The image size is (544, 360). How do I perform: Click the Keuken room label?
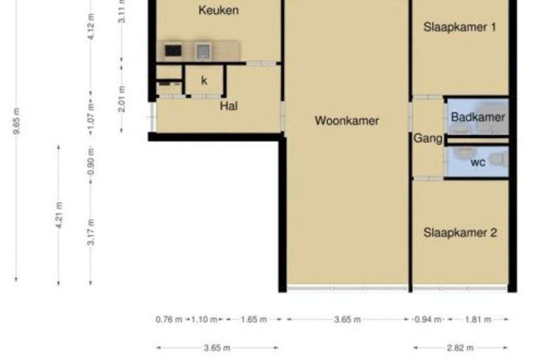pos(219,10)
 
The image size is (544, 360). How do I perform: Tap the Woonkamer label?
pos(347,120)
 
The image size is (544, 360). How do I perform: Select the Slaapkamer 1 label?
pos(460,27)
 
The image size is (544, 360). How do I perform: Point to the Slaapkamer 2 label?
pos(460,232)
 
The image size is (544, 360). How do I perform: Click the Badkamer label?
pos(478,117)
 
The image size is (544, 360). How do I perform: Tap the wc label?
pos(478,162)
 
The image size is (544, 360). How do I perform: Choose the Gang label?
pos(428,138)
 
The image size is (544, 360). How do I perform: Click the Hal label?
pos(229,106)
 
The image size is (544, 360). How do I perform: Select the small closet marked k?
pos(204,81)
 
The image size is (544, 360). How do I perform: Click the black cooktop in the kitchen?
pos(173,51)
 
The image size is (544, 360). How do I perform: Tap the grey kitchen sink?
pos(203,51)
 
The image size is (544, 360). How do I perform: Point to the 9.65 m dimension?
pos(16,121)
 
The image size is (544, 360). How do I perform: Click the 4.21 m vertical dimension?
pos(59,215)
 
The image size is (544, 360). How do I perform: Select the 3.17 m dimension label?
pos(90,232)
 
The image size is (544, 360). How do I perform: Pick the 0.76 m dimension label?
pos(169,319)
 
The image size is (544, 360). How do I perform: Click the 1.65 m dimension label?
pos(254,319)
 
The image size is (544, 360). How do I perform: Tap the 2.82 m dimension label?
pos(460,348)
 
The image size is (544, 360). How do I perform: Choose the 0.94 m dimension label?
pos(428,319)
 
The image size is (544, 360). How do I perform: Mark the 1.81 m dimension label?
pos(478,319)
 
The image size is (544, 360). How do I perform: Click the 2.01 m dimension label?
pos(121,99)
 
